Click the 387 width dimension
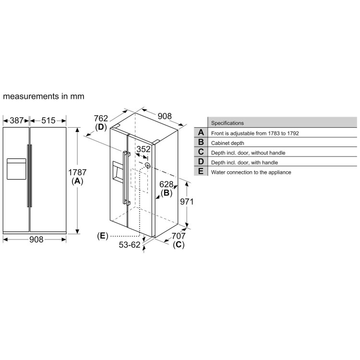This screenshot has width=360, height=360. click(17, 120)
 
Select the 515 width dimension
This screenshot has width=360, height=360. click(48, 120)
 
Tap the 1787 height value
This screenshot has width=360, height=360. click(77, 172)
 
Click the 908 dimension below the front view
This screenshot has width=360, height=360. click(35, 239)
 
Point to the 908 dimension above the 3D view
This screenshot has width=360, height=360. click(165, 116)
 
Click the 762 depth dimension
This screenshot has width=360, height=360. click(101, 119)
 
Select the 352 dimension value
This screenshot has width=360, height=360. click(143, 149)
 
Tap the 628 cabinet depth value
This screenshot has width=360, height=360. click(166, 184)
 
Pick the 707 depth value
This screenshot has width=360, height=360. click(178, 236)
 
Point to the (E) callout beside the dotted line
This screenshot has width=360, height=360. click(102, 235)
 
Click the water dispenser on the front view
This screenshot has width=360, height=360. click(15, 168)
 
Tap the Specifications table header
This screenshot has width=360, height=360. click(228, 123)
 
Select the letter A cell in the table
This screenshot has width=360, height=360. click(201, 133)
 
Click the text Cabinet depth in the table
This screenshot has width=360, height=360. click(228, 143)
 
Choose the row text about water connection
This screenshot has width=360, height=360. click(251, 172)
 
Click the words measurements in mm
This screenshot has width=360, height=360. click(44, 96)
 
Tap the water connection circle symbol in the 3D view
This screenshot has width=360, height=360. click(147, 166)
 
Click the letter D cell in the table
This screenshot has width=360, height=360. click(201, 162)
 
